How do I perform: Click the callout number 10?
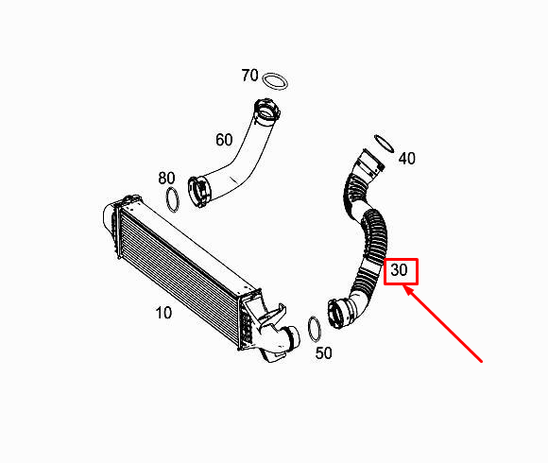(x=163, y=313)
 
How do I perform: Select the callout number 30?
(x=399, y=269)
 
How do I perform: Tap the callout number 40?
(x=407, y=159)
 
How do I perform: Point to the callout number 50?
(x=324, y=353)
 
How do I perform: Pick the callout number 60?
(x=224, y=140)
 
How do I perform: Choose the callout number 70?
(x=249, y=76)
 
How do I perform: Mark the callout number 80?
(x=166, y=178)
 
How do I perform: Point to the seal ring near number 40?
(x=384, y=144)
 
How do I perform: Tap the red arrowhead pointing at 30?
(x=407, y=289)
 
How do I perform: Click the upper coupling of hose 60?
(x=267, y=111)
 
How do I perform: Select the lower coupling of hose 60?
(x=199, y=192)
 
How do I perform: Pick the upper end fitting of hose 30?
(x=371, y=163)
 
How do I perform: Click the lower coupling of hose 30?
(x=338, y=313)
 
